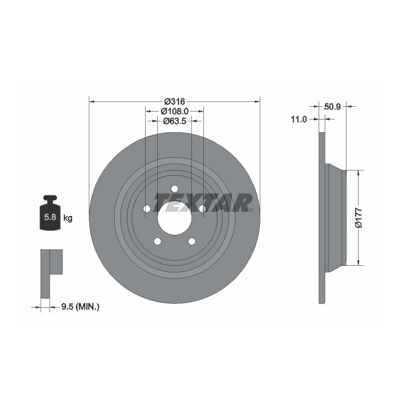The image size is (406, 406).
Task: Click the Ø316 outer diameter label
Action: pos(174,101)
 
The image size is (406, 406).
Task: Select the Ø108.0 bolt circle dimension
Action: pos(174,111)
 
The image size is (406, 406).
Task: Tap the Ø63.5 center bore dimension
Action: pos(174,121)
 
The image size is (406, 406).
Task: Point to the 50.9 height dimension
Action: pos(331,106)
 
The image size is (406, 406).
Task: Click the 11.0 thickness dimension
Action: pos(299,120)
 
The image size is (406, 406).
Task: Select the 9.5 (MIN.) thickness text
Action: pos(80,307)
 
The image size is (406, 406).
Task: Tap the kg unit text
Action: pos(68,218)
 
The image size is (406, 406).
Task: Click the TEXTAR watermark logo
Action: pos(203,202)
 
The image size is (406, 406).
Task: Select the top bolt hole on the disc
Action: pos(174,189)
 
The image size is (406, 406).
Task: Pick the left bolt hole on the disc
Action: pos(147,209)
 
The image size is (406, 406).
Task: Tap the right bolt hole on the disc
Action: pos(202,209)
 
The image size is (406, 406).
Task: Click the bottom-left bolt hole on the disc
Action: pos(157,241)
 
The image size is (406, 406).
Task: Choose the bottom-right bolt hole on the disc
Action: pos(192,241)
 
